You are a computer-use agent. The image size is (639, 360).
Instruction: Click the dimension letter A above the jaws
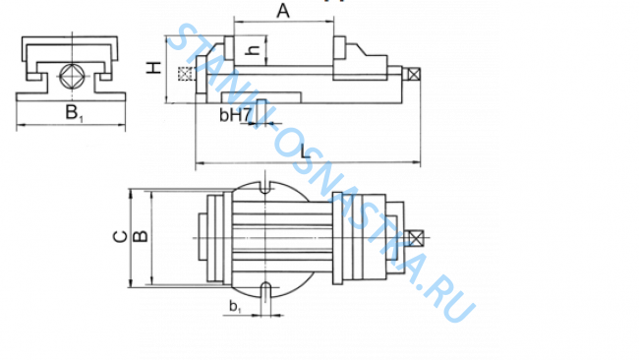[283, 11]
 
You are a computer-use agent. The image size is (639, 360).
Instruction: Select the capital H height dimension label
[153, 69]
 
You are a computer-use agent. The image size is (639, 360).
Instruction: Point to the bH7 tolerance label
[237, 116]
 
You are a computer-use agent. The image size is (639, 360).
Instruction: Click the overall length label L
[308, 150]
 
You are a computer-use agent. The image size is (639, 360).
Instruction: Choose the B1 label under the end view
[74, 113]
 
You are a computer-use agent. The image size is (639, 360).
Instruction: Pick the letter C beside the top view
[117, 237]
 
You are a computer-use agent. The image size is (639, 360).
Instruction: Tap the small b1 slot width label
[235, 308]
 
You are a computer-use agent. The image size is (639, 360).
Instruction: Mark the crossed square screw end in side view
[413, 73]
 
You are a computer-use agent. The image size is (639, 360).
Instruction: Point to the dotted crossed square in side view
[183, 75]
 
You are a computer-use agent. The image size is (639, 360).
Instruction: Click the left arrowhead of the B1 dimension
[21, 125]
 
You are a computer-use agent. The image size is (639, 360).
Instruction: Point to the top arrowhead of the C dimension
[132, 190]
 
